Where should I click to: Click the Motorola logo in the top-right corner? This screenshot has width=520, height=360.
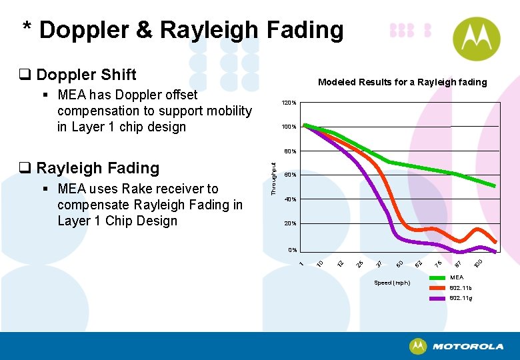(475, 39)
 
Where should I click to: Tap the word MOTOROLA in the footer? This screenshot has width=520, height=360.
(468, 347)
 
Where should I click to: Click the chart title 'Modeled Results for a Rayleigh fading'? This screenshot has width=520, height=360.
(402, 82)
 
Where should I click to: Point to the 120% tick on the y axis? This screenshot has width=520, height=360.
(289, 103)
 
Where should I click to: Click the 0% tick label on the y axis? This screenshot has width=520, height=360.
(292, 250)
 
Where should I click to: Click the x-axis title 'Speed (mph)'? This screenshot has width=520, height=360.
(392, 283)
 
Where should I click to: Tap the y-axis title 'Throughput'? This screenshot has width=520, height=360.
(273, 175)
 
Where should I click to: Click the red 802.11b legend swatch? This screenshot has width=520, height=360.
(437, 288)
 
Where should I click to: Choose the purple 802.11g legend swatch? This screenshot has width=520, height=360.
(437, 298)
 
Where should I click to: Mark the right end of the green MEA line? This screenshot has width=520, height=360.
(494, 185)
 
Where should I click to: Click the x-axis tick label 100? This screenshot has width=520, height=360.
(478, 263)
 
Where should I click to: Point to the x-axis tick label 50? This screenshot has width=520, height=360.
(399, 265)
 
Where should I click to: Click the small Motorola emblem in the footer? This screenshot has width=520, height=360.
(418, 346)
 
